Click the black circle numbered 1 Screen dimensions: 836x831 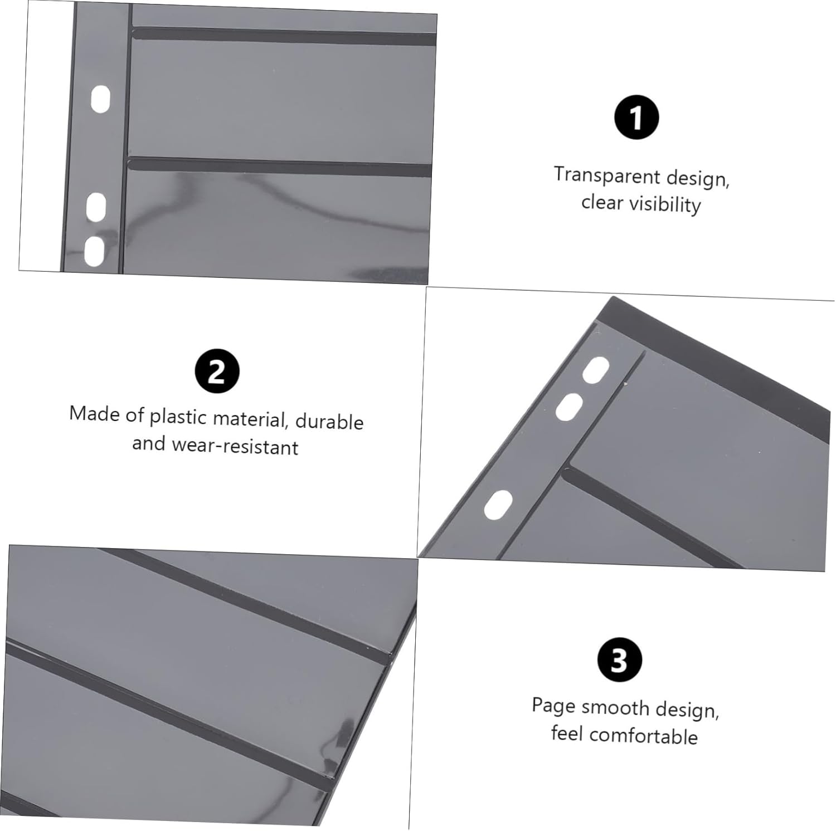[636, 118]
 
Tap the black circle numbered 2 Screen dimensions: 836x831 [217, 371]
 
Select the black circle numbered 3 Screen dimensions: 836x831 [619, 660]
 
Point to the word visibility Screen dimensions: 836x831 [665, 204]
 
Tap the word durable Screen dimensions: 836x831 [329, 422]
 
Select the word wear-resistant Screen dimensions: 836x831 [235, 446]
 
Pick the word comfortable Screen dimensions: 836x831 [644, 736]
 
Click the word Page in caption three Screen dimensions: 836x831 [553, 706]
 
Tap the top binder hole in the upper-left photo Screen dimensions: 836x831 [100, 99]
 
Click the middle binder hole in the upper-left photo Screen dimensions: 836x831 [96, 207]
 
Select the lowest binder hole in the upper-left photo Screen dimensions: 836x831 [94, 251]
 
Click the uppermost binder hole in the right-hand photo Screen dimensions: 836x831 [596, 370]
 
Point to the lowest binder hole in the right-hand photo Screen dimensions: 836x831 [498, 505]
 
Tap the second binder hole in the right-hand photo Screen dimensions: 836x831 [569, 407]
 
